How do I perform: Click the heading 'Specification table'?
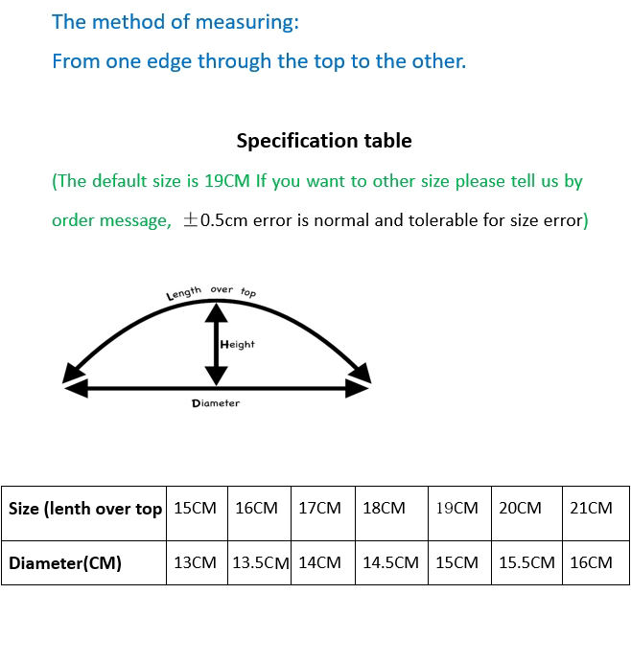click(x=324, y=141)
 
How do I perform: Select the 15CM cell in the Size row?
click(x=196, y=508)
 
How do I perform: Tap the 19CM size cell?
click(x=456, y=508)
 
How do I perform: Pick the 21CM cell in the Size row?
click(x=591, y=508)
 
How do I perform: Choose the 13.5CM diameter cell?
click(x=260, y=563)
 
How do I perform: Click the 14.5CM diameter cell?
click(x=390, y=563)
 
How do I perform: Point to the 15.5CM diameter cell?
click(x=526, y=563)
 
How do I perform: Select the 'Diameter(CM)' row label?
click(x=65, y=563)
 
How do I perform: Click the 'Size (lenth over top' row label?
click(x=85, y=509)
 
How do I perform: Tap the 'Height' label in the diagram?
click(x=238, y=344)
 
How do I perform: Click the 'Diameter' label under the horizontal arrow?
click(x=216, y=403)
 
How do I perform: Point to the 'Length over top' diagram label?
click(x=211, y=291)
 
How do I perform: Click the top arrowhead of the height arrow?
click(x=218, y=312)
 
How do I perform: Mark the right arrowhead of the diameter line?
click(x=357, y=388)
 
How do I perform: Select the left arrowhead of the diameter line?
click(x=76, y=388)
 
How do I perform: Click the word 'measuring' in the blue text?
click(x=244, y=21)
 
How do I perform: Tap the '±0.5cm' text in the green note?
click(x=216, y=220)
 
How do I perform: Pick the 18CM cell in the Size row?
click(x=384, y=508)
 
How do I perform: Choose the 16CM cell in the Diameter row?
click(x=591, y=563)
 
